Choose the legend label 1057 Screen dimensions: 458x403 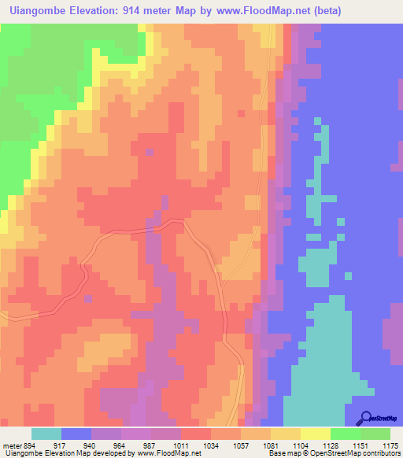(240, 445)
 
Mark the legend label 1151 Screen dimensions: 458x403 (361, 445)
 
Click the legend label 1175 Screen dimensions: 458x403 (390, 445)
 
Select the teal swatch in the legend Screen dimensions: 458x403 (46, 434)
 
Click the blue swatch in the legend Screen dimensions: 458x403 (76, 434)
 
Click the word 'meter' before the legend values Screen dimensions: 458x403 (11, 445)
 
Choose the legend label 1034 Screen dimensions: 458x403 (211, 445)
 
